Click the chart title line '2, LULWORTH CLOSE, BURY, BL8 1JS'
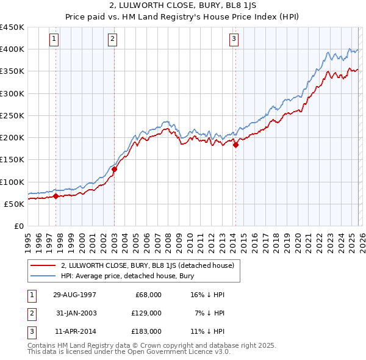pos(183,6)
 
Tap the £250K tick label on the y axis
pos(12,115)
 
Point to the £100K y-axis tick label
pos(12,182)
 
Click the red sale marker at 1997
pos(56,196)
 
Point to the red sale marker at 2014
pos(235,145)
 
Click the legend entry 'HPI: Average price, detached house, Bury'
pos(127,276)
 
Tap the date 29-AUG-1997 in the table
pos(74,295)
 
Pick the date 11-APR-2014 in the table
pos(74,331)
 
